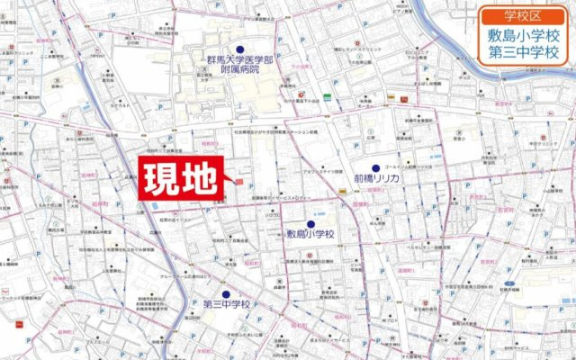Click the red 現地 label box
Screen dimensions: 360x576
179,179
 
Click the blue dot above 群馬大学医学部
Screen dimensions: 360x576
240,49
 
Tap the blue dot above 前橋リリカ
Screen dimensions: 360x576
375,168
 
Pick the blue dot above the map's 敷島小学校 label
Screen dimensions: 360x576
310,224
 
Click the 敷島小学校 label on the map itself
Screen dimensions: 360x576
310,235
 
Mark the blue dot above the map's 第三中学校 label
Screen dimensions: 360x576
226,293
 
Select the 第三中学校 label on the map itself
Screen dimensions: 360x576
226,304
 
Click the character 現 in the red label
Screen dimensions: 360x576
162,179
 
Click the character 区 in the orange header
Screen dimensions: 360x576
541,15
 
